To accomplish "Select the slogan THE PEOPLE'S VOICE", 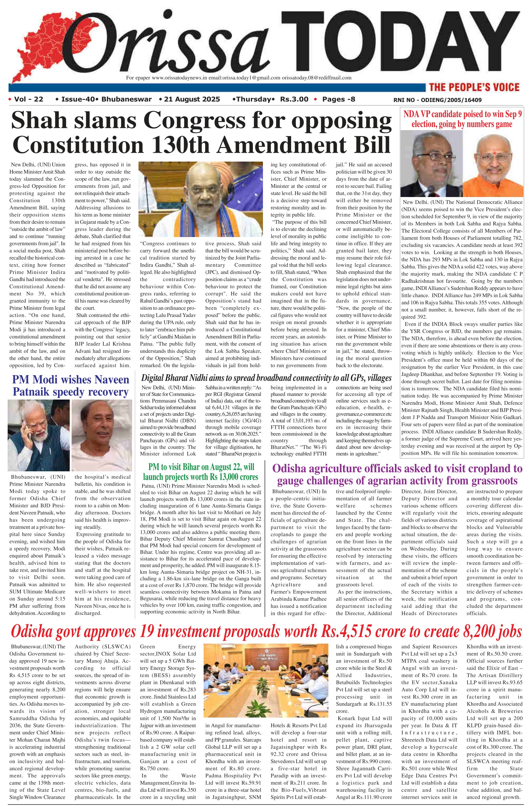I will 474,87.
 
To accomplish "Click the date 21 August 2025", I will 192,100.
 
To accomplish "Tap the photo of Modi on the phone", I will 39,435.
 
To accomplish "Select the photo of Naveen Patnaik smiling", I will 102,435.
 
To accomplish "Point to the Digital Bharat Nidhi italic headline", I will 266,378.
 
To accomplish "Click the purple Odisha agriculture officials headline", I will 397,475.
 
